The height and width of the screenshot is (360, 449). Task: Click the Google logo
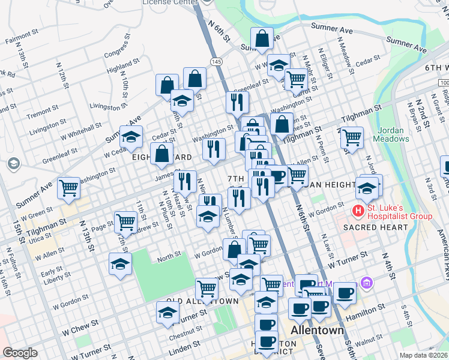pyautogui.click(x=20, y=353)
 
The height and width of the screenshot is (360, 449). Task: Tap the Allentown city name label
pyautogui.click(x=317, y=331)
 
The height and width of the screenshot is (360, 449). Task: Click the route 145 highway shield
pyautogui.click(x=217, y=62)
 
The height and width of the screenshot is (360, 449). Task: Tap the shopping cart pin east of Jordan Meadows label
pyautogui.click(x=352, y=137)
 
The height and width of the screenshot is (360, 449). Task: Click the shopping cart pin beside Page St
pyautogui.click(x=125, y=221)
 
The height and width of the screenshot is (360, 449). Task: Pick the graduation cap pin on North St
pyautogui.click(x=121, y=264)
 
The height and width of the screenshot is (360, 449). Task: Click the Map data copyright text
pyautogui.click(x=424, y=355)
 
